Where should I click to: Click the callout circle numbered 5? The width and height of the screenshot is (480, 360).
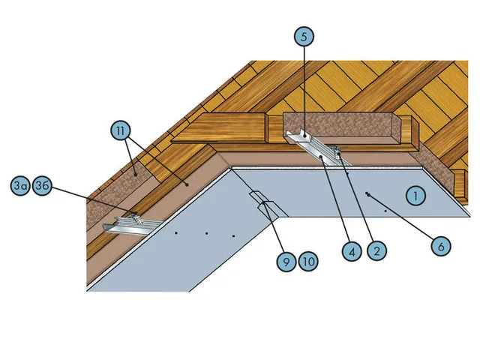click(304, 37)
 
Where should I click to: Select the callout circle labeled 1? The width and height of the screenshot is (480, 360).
click(415, 196)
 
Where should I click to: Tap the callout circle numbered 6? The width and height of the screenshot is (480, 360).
click(441, 246)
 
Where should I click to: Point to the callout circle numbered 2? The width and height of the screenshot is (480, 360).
click(376, 250)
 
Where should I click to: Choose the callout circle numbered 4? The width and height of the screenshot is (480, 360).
click(352, 251)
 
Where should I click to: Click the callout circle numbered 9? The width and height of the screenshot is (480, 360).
click(286, 262)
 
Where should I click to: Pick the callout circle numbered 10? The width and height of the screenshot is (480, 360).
click(308, 262)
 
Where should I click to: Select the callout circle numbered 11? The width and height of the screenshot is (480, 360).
click(121, 130)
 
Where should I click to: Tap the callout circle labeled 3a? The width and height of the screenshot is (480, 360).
click(20, 185)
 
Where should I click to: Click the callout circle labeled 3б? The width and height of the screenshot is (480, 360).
click(42, 185)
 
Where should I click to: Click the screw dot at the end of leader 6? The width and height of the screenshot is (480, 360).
click(367, 193)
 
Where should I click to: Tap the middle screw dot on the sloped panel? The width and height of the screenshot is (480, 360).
click(207, 233)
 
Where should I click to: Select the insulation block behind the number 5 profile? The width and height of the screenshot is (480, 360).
click(341, 127)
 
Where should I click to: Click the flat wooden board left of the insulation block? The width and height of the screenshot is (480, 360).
click(218, 128)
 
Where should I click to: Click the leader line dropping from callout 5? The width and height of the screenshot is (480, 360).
click(304, 91)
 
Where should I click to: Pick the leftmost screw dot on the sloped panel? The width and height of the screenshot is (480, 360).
click(176, 233)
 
